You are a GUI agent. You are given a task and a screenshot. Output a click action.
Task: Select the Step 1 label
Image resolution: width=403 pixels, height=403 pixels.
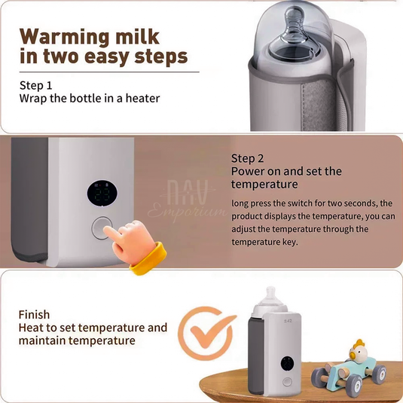pyautogui.click(x=36, y=85)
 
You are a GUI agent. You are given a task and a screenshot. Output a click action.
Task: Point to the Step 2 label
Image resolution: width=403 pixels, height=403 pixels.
pyautogui.click(x=248, y=158)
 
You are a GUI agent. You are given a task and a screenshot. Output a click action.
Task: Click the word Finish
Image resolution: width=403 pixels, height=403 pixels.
pyautogui.click(x=35, y=315)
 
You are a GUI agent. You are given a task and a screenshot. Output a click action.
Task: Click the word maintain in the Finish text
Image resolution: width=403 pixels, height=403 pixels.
pyautogui.click(x=47, y=341)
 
